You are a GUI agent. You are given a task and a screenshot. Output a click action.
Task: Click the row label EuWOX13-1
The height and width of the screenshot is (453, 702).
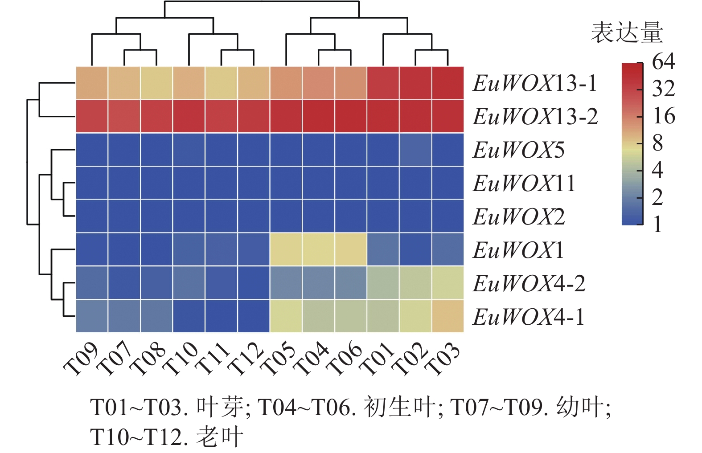click(534, 83)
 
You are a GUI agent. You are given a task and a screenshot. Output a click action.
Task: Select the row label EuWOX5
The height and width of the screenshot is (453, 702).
click(518, 150)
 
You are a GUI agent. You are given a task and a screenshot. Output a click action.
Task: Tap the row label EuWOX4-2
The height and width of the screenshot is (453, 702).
click(529, 284)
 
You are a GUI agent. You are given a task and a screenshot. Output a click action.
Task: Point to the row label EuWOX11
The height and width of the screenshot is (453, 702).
click(524, 184)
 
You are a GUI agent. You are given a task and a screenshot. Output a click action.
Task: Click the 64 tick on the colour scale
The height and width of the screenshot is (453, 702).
click(663, 62)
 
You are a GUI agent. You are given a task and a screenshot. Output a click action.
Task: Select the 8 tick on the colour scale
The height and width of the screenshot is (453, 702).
click(657, 143)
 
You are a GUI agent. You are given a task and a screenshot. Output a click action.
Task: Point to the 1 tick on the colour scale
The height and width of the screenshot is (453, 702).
click(657, 224)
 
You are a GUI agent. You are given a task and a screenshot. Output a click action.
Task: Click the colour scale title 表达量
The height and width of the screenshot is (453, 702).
click(627, 33)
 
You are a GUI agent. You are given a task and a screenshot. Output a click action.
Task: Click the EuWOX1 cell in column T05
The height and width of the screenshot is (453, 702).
click(286, 249)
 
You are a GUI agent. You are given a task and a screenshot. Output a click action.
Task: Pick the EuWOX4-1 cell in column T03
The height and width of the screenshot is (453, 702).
click(448, 316)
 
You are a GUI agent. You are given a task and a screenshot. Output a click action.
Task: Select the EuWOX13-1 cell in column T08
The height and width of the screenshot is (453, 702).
click(156, 83)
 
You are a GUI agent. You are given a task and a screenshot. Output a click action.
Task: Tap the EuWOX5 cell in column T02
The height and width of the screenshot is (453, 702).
click(415, 150)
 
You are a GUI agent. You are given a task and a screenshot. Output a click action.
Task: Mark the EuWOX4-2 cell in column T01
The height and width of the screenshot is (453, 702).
click(383, 283)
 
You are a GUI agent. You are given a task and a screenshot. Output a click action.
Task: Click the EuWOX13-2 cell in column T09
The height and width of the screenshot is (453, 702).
click(92, 116)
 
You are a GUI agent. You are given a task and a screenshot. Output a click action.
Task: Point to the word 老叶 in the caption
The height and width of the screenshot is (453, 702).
click(220, 437)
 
